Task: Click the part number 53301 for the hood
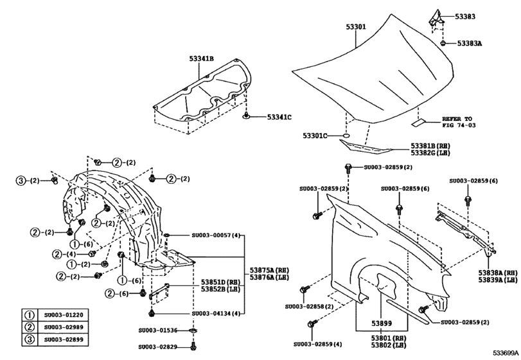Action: [356, 28]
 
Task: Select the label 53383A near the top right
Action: [474, 44]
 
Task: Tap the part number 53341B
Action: [201, 59]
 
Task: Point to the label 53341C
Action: [279, 117]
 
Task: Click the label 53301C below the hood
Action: [315, 136]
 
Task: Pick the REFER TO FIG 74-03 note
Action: [457, 123]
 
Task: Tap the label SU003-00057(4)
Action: [215, 236]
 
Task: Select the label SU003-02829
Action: [159, 346]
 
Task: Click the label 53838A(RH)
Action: [498, 273]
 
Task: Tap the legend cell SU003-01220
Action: [64, 315]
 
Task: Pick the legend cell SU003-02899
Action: [64, 338]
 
